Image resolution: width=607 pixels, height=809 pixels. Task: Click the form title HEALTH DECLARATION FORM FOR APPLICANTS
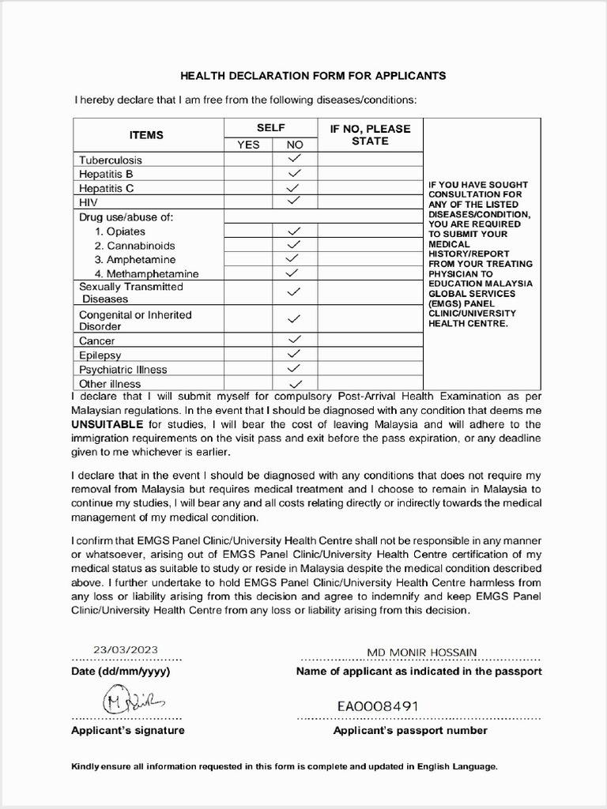[x=313, y=76]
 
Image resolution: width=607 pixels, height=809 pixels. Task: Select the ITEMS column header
[x=146, y=135]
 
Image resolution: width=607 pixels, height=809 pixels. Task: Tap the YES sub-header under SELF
[x=248, y=145]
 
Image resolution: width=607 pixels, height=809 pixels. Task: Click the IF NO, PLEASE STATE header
[x=370, y=135]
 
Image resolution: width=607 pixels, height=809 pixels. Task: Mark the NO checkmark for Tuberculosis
[x=294, y=159]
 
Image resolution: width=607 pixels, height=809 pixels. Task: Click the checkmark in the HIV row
[x=294, y=201]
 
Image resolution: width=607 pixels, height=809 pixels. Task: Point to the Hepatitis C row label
[x=107, y=188]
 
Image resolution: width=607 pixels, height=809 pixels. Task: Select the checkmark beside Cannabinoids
[x=294, y=245]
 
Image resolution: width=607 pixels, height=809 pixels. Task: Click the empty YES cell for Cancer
[x=248, y=341]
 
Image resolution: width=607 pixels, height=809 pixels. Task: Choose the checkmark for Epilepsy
[x=294, y=355]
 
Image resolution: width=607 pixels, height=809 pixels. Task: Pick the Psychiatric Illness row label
[x=123, y=369]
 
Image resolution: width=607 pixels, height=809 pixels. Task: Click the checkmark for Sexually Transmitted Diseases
[x=294, y=292]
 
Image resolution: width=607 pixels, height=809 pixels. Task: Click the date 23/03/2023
[x=120, y=650]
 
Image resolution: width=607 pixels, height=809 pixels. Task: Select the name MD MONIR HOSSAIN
[x=421, y=653]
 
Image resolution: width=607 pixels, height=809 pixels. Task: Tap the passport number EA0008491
[x=378, y=706]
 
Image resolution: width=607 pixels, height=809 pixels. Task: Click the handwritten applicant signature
[x=130, y=701]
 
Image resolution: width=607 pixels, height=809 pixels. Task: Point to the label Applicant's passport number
[x=410, y=731]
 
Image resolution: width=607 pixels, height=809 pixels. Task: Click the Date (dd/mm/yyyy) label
[x=120, y=672]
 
